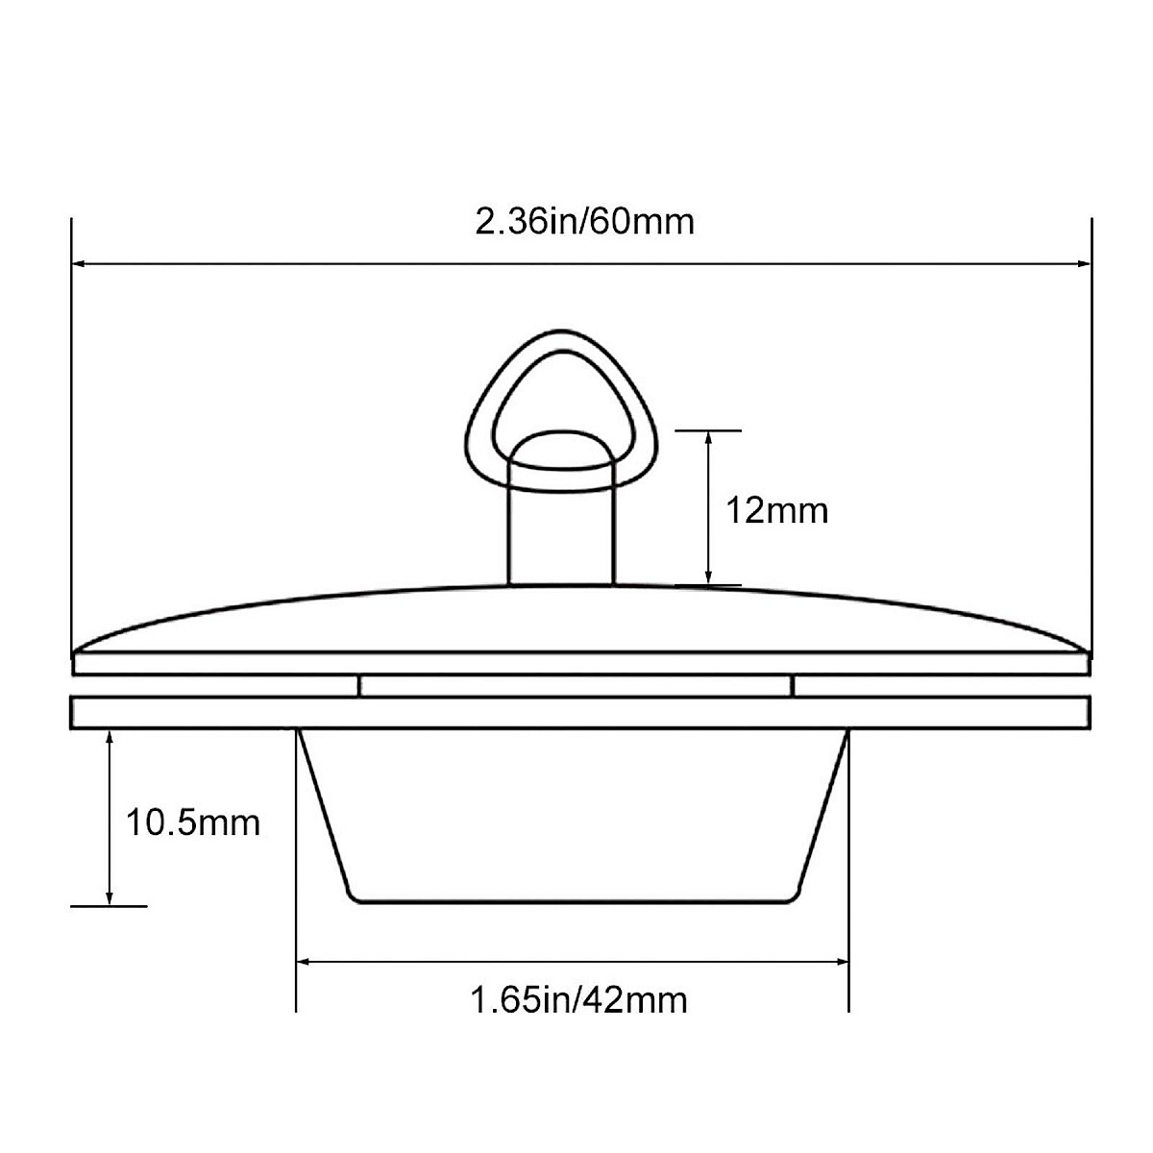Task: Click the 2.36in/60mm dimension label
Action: pos(584,222)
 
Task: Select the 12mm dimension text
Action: pos(776,510)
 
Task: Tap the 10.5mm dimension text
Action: pos(193,822)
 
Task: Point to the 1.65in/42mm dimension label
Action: pos(578,1000)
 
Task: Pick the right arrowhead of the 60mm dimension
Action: pos(1083,262)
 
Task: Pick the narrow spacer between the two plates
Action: pos(575,685)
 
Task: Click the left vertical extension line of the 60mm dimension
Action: pos(72,432)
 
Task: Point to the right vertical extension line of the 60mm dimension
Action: pos(1092,432)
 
